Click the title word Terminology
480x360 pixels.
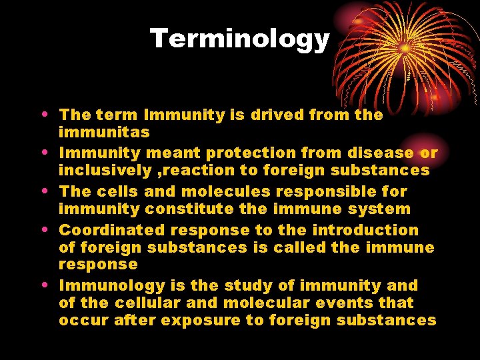240,39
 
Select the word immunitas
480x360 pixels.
104,133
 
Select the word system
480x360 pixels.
380,209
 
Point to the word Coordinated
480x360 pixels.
112,230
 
